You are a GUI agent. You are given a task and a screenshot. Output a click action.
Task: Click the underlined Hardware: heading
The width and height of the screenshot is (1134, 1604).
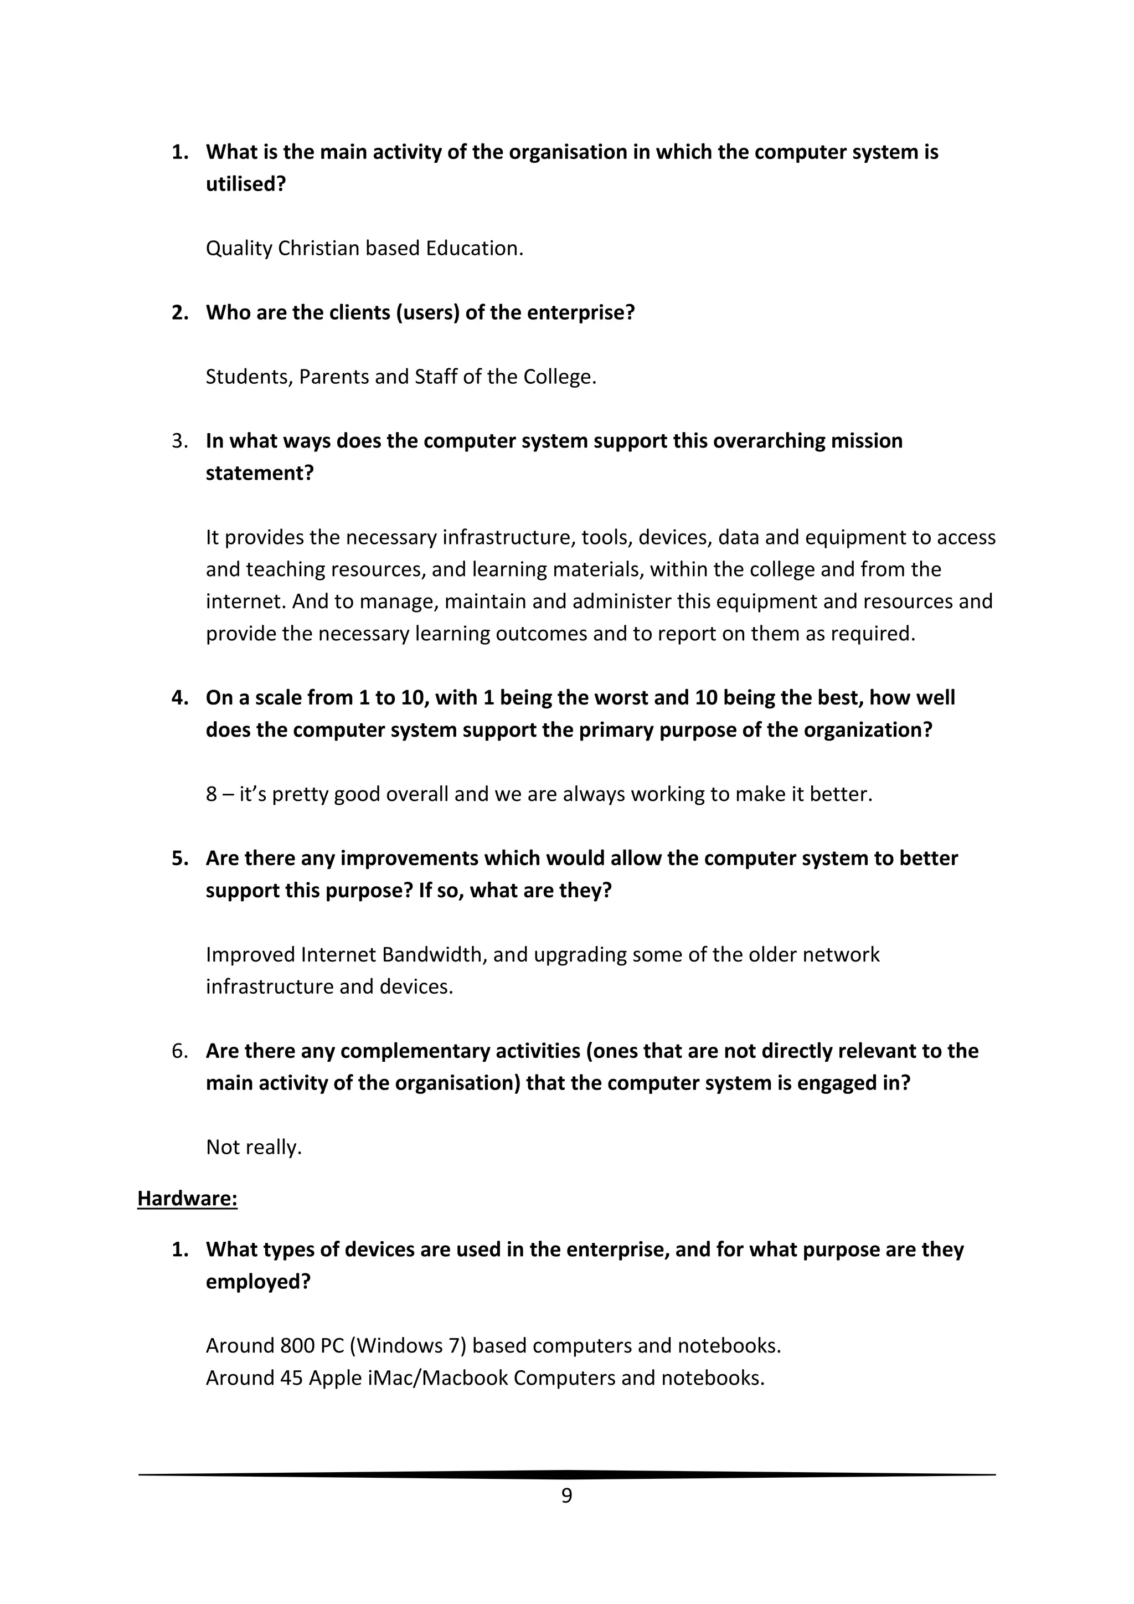click(187, 1199)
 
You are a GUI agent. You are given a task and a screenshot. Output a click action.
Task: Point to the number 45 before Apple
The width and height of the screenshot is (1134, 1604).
click(291, 1377)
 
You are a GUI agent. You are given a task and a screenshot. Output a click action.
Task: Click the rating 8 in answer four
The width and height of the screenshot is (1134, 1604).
click(211, 794)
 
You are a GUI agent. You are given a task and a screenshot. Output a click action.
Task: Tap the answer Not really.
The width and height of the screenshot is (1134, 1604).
click(254, 1147)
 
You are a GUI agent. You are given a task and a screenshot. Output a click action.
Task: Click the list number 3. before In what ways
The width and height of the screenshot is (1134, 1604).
click(180, 441)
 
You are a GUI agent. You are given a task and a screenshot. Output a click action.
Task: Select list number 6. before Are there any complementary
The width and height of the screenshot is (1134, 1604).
click(180, 1051)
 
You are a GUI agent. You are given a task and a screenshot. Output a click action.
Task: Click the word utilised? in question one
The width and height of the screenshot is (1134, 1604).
click(246, 184)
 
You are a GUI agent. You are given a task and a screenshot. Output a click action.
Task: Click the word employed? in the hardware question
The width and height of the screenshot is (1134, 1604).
click(257, 1282)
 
